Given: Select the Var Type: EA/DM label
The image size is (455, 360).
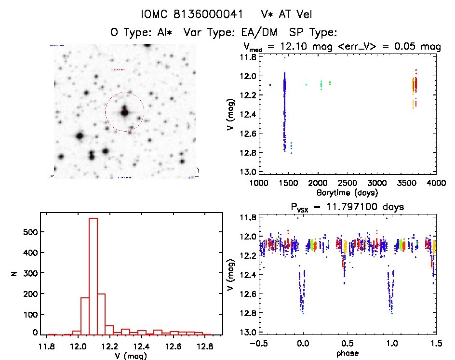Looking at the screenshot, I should (x=235, y=32).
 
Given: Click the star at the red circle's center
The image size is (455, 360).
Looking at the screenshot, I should (x=124, y=112).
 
